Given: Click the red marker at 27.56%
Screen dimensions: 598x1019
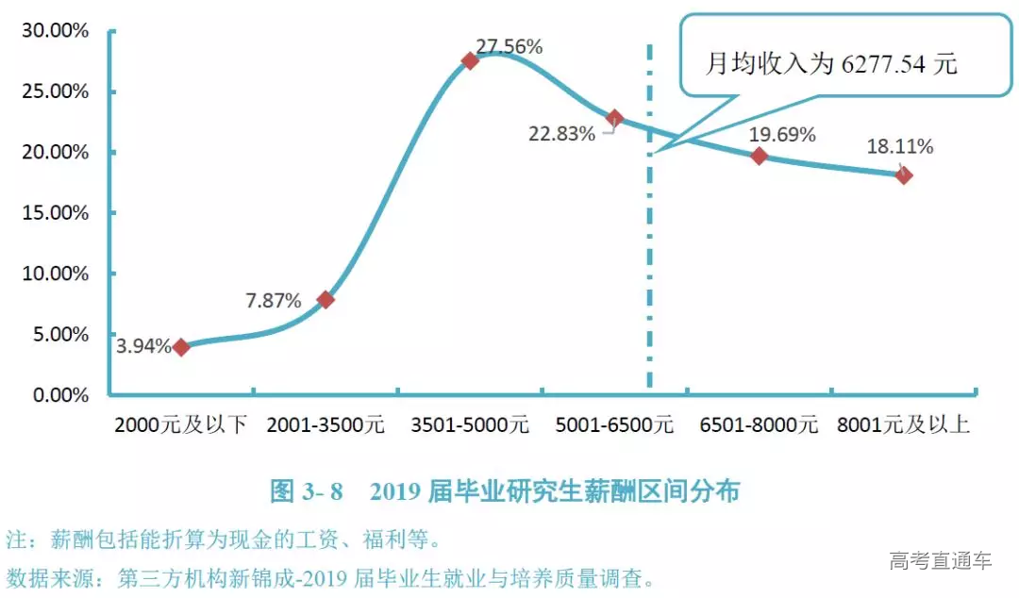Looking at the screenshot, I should pyautogui.click(x=470, y=60).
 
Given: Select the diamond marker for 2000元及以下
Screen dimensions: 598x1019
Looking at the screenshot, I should pyautogui.click(x=181, y=347).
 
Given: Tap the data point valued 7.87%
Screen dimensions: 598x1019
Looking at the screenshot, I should pyautogui.click(x=326, y=300).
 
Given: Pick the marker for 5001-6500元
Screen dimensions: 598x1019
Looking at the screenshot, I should pyautogui.click(x=614, y=119).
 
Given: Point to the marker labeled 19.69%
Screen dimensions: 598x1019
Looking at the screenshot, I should pyautogui.click(x=759, y=156).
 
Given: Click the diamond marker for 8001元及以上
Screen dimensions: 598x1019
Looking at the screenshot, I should pyautogui.click(x=903, y=174).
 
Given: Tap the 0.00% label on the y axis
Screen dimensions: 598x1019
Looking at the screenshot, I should pyautogui.click(x=58, y=395).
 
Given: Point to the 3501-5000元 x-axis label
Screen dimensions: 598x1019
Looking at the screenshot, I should pyautogui.click(x=470, y=425).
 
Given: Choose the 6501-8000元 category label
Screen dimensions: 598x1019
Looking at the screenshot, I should pyautogui.click(x=759, y=425).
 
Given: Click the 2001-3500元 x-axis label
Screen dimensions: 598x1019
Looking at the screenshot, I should pyautogui.click(x=326, y=425).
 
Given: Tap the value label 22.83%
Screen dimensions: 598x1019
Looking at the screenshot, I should pyautogui.click(x=561, y=134).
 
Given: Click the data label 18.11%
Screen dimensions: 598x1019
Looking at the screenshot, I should pyautogui.click(x=901, y=146).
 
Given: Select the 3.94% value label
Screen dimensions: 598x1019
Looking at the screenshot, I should pyautogui.click(x=143, y=346).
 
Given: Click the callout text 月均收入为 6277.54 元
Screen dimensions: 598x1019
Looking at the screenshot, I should pyautogui.click(x=831, y=64).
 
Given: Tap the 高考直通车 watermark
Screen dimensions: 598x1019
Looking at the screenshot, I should pyautogui.click(x=940, y=561).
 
